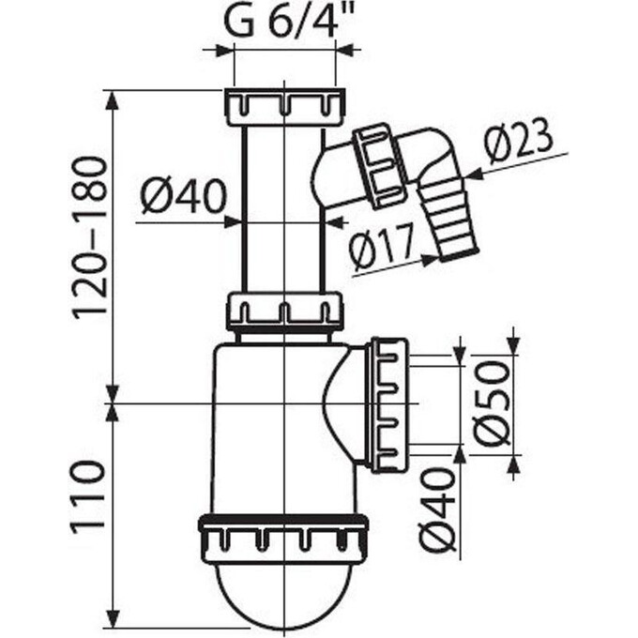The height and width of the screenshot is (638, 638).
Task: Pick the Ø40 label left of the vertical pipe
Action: coord(184,197)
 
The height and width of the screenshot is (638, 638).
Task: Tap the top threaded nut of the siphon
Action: coord(284,106)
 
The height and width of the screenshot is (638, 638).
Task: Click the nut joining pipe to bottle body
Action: coord(284,311)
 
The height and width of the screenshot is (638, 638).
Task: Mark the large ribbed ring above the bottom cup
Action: coord(282,539)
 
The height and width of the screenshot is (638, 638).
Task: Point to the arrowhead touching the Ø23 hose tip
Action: coord(472,175)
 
